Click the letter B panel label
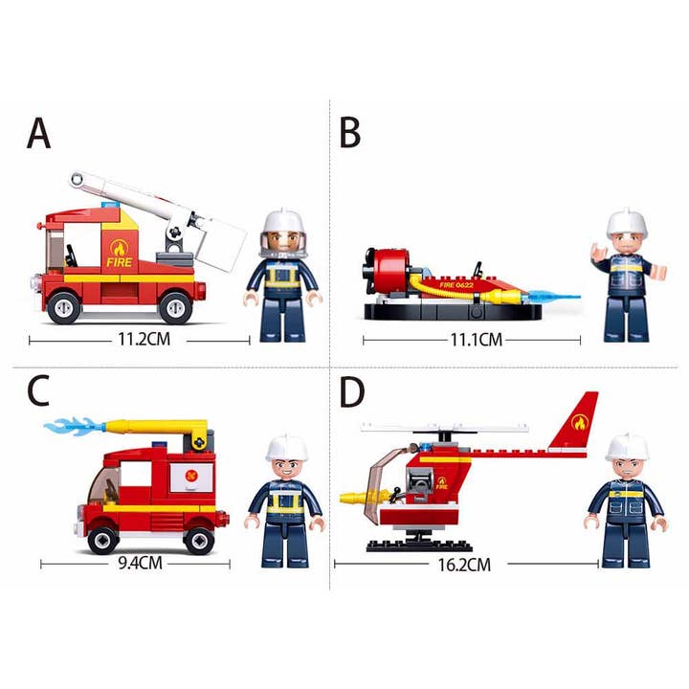coord(350,133)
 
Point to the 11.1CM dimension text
coord(476,339)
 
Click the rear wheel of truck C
coord(198,539)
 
